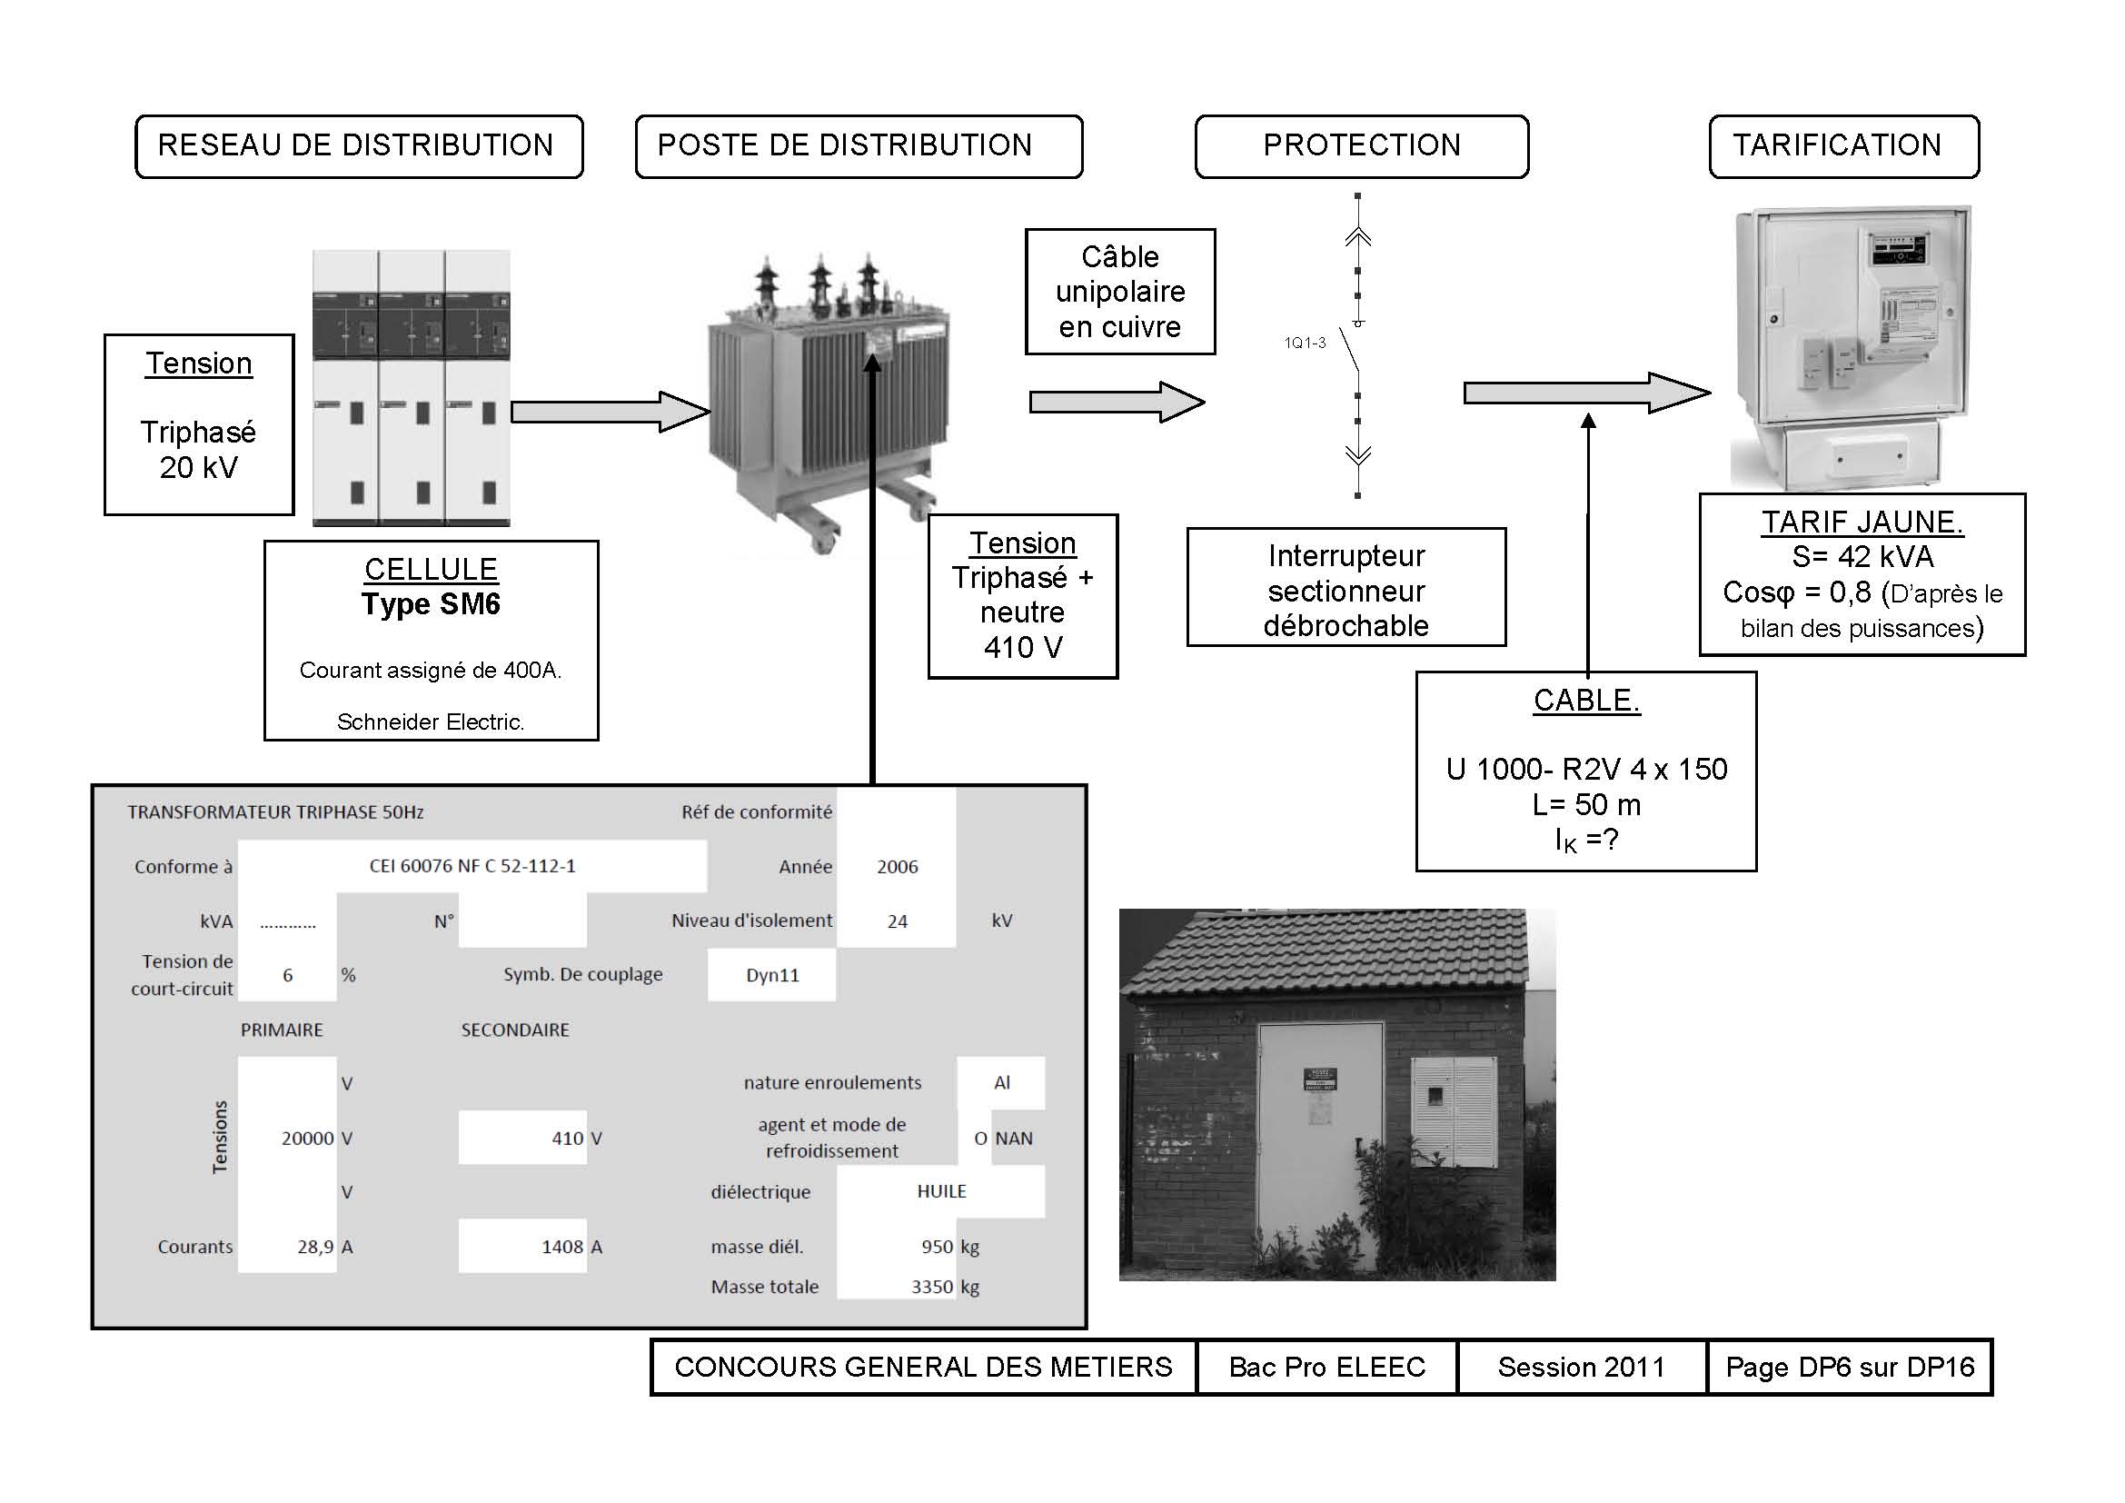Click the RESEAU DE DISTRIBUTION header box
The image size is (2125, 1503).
(359, 146)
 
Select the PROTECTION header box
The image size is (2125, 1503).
(1362, 146)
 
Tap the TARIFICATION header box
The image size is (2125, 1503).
(1843, 146)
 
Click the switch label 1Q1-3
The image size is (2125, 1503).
(1305, 343)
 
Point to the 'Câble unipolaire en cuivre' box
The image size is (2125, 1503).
(1120, 292)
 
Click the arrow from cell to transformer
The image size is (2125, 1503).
(611, 412)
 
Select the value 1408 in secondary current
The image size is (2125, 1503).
(561, 1247)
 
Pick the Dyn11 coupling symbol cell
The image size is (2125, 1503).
(772, 974)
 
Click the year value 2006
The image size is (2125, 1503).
(897, 867)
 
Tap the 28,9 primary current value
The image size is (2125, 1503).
(315, 1247)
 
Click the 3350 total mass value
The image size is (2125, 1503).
(932, 1287)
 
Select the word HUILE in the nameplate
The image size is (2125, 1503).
(941, 1192)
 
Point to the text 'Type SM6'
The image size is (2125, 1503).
(431, 604)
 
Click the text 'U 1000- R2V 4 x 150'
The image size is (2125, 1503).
(1586, 769)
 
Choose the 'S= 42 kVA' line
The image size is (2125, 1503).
(1862, 557)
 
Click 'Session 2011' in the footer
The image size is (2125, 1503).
(1581, 1367)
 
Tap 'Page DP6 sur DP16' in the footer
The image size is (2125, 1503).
(1849, 1367)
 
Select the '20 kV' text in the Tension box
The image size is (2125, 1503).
(199, 467)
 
